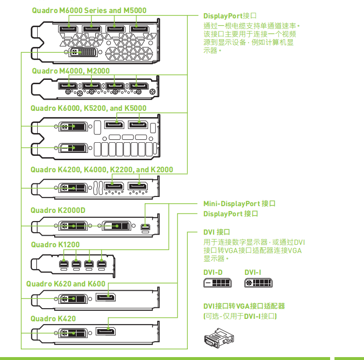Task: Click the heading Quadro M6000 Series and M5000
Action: click(89, 11)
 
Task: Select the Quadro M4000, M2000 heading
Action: click(71, 71)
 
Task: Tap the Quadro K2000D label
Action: click(58, 210)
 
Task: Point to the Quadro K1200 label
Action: click(55, 245)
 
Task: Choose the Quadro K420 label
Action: click(53, 318)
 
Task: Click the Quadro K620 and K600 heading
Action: click(66, 284)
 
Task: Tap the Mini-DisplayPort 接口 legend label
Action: click(239, 204)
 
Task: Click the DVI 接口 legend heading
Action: click(216, 232)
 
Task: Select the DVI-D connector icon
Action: click(217, 283)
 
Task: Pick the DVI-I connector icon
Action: click(258, 283)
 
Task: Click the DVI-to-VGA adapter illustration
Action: click(219, 338)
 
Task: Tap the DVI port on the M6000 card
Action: click(83, 52)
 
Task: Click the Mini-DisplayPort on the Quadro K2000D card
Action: click(145, 226)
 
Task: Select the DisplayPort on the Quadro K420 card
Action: click(106, 331)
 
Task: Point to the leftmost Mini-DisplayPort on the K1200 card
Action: click(63, 264)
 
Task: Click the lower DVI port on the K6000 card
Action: click(73, 148)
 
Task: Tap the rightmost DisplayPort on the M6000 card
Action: click(139, 29)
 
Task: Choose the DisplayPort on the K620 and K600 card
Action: click(106, 297)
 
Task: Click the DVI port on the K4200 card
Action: click(73, 188)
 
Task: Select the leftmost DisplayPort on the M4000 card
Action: click(68, 86)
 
